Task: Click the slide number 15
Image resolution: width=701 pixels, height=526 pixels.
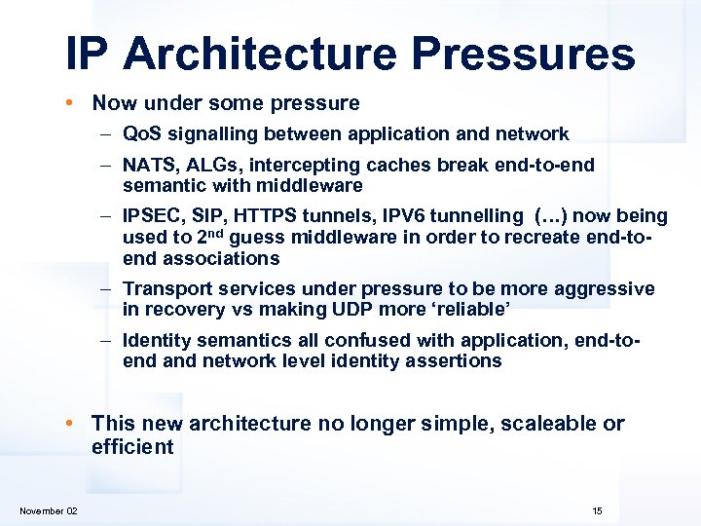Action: (597, 511)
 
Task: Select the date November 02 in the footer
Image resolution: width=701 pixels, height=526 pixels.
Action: (49, 511)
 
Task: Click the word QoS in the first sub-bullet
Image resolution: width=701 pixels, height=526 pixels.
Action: (142, 134)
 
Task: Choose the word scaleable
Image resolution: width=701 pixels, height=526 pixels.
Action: (551, 424)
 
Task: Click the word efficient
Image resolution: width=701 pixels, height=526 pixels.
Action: (132, 448)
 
